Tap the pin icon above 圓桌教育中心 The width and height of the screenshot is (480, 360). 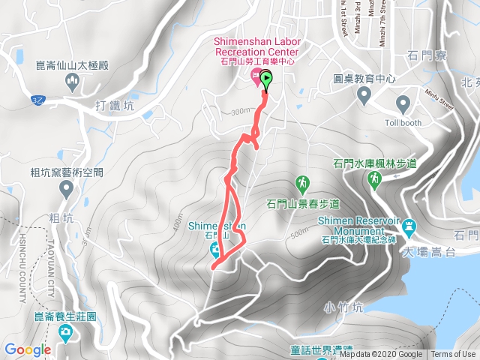click(365, 94)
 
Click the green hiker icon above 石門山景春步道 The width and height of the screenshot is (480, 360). click(303, 182)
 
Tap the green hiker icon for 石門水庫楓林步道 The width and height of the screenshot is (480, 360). click(374, 178)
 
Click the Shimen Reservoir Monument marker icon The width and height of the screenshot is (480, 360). click(409, 226)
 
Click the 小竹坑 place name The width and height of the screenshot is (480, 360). click(344, 306)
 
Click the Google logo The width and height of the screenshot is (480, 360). click(27, 350)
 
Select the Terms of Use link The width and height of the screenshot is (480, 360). click(453, 355)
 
